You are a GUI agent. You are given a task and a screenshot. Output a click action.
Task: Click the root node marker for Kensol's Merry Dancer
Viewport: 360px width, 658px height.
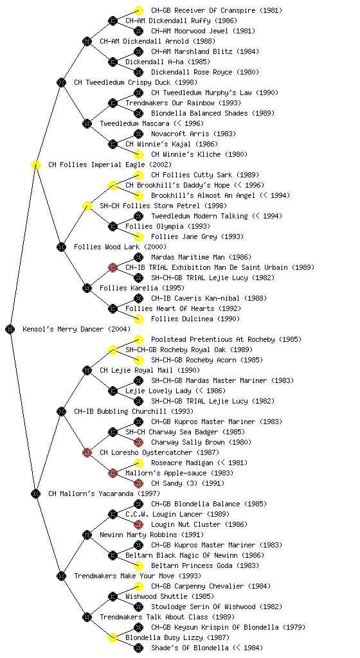tap(10, 329)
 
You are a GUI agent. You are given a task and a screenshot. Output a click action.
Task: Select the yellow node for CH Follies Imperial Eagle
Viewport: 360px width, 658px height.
tap(35, 164)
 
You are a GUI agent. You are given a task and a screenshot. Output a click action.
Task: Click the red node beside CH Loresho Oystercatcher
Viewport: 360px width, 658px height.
tap(87, 452)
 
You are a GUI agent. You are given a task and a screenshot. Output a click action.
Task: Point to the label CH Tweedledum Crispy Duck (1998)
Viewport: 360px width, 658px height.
tap(136, 82)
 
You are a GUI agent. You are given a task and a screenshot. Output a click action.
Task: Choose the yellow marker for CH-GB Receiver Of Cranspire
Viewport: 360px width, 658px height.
tap(138, 10)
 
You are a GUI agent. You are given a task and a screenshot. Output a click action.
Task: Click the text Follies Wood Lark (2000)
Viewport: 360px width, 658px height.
tap(120, 247)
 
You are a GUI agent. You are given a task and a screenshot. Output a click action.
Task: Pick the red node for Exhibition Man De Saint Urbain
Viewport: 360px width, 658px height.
tap(113, 267)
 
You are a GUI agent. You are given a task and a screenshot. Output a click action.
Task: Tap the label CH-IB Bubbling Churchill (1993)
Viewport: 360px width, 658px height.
tap(134, 411)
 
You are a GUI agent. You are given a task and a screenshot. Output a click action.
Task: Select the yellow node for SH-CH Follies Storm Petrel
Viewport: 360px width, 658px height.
tap(87, 206)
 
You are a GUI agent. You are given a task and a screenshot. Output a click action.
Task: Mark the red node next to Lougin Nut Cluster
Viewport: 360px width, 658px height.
tap(138, 524)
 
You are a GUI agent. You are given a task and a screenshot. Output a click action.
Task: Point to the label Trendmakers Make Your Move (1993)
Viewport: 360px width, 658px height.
tap(138, 576)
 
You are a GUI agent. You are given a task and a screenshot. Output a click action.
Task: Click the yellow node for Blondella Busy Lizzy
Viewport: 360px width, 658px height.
tap(113, 637)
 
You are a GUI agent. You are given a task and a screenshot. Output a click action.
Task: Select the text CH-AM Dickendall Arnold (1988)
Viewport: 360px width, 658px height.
tap(157, 41)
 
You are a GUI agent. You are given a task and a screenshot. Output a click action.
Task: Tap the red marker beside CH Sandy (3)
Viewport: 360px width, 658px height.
tap(138, 483)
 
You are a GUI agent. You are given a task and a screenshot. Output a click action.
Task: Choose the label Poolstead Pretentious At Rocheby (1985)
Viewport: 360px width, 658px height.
tap(226, 339)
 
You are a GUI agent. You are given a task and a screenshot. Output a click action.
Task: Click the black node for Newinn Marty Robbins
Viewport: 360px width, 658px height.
tap(87, 535)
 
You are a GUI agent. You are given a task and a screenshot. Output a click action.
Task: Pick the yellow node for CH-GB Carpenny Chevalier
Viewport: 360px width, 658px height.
tap(138, 586)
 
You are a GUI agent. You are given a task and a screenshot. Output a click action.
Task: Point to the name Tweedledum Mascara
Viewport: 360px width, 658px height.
tap(134, 123)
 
